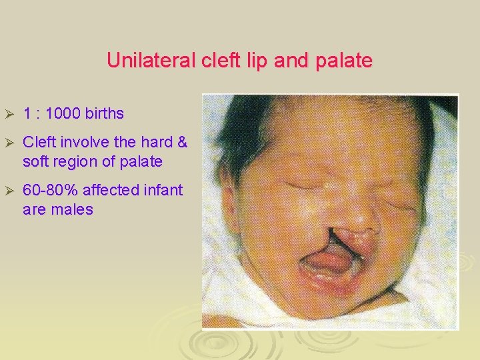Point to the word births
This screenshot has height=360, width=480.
pyautogui.click(x=104, y=113)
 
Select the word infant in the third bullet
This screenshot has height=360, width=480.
pyautogui.click(x=161, y=190)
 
